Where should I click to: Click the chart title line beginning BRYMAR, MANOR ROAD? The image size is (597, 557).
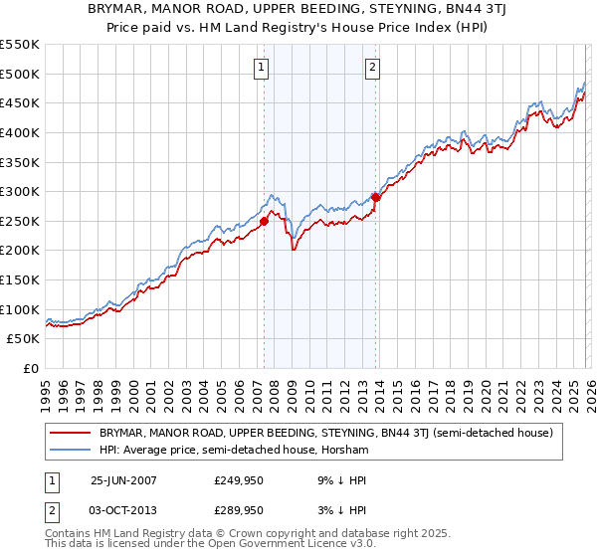[x=298, y=10]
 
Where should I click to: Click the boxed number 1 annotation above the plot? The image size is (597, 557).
[x=261, y=68]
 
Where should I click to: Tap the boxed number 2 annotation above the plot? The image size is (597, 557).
[x=372, y=68]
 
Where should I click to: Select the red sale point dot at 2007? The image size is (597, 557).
[x=264, y=221]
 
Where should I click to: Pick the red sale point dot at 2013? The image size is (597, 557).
[x=375, y=197]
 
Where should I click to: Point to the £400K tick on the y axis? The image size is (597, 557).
[x=20, y=132]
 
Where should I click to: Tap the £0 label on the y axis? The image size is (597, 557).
[x=30, y=368]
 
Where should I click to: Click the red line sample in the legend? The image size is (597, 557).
[x=72, y=433]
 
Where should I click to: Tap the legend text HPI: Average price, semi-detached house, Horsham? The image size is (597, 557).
[x=234, y=451]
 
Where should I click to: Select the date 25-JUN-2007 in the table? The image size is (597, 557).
[x=123, y=480]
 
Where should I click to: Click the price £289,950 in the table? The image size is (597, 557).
[x=238, y=509]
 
